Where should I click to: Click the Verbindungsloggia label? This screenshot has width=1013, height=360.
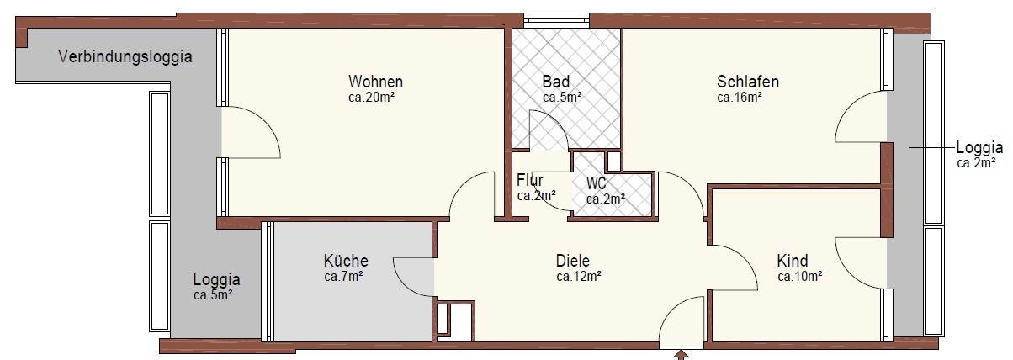click(125, 57)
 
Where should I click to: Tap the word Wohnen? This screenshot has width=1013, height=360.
click(375, 82)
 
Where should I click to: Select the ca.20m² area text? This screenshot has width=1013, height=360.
click(371, 98)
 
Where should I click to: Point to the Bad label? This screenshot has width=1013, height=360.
click(556, 82)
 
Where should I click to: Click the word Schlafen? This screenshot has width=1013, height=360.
click(747, 82)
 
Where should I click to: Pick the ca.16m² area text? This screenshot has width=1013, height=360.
click(740, 98)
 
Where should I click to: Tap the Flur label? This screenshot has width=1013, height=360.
click(530, 180)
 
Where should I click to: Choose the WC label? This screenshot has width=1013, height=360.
click(596, 183)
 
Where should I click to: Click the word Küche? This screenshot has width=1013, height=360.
click(346, 261)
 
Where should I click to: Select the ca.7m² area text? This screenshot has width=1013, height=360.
click(343, 277)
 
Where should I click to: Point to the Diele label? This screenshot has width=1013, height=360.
click(572, 261)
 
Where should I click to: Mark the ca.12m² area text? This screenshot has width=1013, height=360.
click(579, 277)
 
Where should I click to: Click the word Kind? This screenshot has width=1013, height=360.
click(793, 261)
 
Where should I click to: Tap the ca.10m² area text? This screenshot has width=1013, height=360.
click(799, 277)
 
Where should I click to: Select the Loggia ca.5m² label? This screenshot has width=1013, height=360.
click(216, 286)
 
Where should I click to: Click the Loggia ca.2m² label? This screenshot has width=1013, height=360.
click(979, 154)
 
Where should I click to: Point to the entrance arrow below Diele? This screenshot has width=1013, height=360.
click(681, 355)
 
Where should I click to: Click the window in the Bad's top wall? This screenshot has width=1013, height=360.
click(557, 20)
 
